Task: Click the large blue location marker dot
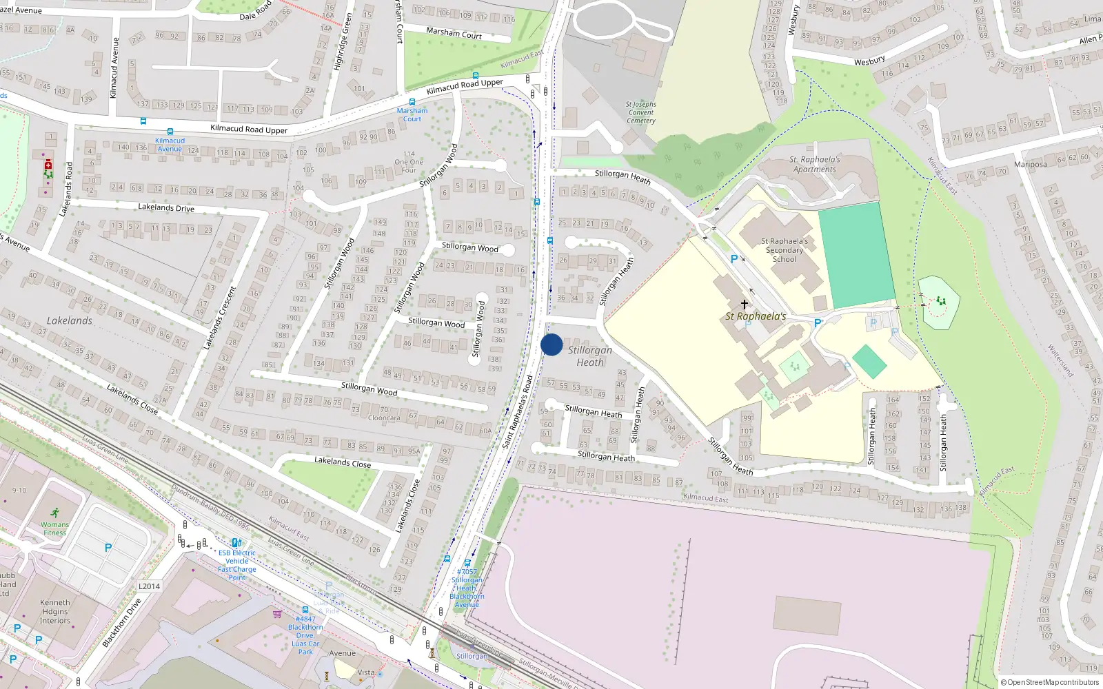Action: (551, 344)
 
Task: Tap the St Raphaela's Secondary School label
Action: (785, 250)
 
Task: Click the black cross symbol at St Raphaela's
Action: (745, 304)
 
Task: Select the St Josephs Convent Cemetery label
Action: (641, 112)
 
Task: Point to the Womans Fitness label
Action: (54, 528)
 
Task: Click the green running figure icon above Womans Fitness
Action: (54, 513)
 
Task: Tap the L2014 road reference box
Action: (149, 586)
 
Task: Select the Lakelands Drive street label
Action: (166, 207)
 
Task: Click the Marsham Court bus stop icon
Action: (412, 101)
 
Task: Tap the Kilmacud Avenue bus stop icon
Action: (170, 132)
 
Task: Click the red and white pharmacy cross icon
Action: (48, 165)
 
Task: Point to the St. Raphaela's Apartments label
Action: (816, 164)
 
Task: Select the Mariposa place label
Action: (1031, 165)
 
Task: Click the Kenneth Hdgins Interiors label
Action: (54, 611)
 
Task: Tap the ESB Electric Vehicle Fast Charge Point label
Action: (237, 565)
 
